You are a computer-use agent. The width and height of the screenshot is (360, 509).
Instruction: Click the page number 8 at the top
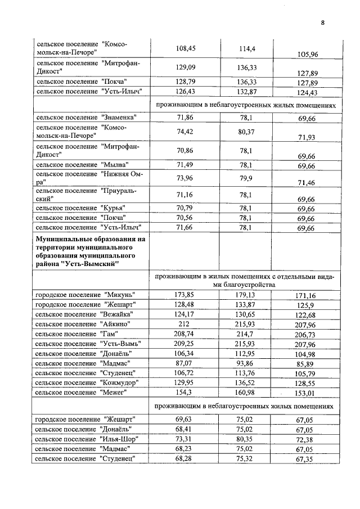[x=323, y=23]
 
